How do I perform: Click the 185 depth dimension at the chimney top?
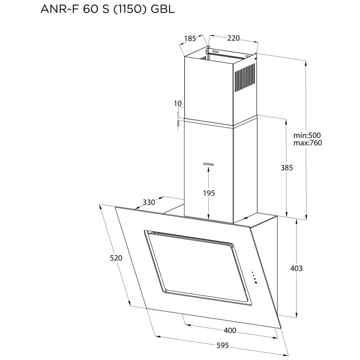190,38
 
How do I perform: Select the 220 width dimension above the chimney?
233,38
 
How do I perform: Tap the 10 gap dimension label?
178,104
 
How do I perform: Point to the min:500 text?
308,135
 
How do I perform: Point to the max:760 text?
308,143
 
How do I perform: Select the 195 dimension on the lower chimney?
208,193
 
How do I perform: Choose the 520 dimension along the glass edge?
116,258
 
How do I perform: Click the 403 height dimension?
296,268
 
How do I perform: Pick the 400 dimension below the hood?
229,331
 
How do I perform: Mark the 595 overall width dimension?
222,346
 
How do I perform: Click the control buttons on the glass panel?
254,278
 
